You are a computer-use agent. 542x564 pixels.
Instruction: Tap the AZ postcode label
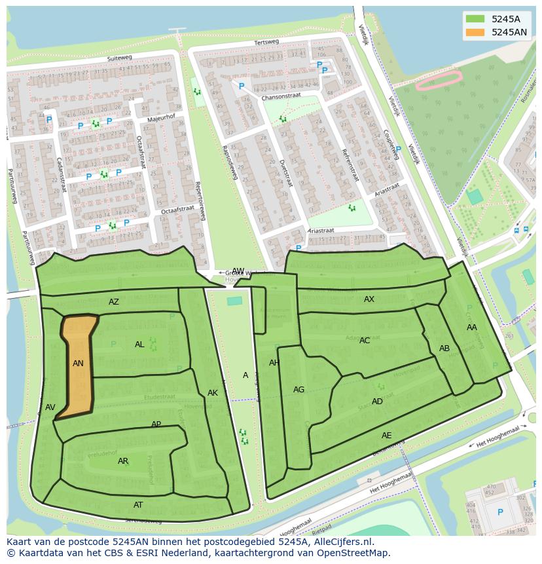[x=114, y=302]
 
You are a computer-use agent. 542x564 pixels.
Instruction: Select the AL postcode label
[x=139, y=345]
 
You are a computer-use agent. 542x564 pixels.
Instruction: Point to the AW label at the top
[x=238, y=271]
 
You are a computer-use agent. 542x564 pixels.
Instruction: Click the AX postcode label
[x=369, y=299]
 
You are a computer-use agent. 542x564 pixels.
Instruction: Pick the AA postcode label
[x=472, y=328]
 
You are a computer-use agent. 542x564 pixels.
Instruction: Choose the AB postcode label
[x=444, y=348]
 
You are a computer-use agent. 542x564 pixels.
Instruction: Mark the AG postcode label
[x=298, y=390]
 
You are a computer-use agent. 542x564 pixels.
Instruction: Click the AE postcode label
[x=387, y=436]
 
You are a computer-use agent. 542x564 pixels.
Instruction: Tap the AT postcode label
[x=138, y=505]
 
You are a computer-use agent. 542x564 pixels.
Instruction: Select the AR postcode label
[x=123, y=461]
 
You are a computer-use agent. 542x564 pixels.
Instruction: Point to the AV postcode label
[x=50, y=407]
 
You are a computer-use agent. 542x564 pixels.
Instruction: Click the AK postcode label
[x=213, y=393]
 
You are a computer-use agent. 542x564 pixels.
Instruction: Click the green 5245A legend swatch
[x=475, y=19]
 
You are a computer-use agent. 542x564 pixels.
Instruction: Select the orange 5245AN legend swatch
[x=475, y=32]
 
